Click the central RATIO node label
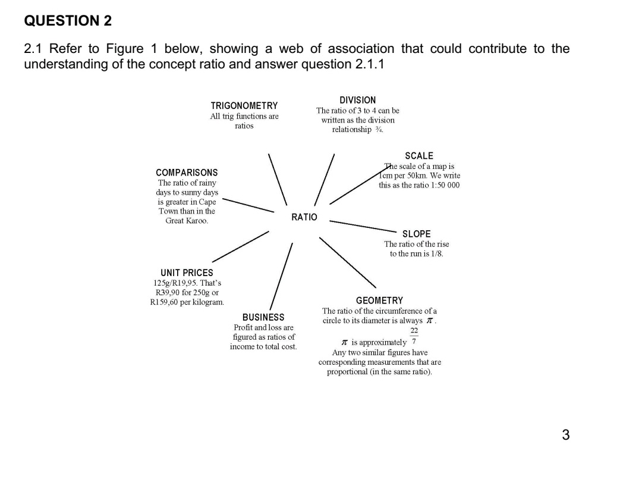tap(304, 218)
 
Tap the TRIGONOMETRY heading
tap(244, 106)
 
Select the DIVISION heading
tap(357, 101)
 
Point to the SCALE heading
tap(419, 156)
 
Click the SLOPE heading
tap(416, 234)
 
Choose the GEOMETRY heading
tap(379, 301)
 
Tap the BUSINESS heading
tap(263, 317)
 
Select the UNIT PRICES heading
tap(187, 273)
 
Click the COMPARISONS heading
tap(187, 173)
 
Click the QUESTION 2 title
tap(67, 21)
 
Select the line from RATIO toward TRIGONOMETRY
tap(278, 179)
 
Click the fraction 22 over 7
tap(414, 337)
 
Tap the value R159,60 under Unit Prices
tap(168, 303)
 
